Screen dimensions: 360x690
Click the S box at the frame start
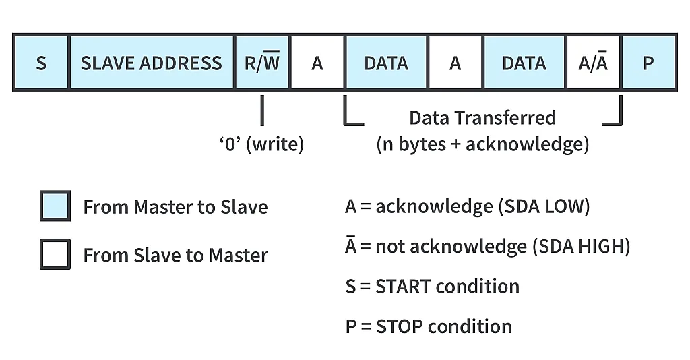[x=41, y=63]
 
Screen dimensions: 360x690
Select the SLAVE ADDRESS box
[x=151, y=63]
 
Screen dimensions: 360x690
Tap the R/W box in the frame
[x=262, y=63]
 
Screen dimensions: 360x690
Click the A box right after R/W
[x=317, y=63]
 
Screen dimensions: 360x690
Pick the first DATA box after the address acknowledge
[x=386, y=63]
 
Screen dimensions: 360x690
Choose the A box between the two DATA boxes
[x=456, y=63]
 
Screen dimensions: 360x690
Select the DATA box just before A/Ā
[x=524, y=63]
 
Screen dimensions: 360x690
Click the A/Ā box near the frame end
[x=593, y=63]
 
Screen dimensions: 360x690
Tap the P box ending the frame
[x=648, y=63]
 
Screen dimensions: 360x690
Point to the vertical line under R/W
[x=262, y=111]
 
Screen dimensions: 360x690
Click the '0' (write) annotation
[x=261, y=144]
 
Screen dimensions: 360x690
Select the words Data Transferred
[x=482, y=118]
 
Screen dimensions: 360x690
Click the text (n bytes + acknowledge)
[x=482, y=144]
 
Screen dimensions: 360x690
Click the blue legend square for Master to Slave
[x=55, y=206]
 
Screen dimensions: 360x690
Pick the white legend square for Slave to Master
[x=55, y=255]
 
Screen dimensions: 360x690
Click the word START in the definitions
[x=400, y=286]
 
